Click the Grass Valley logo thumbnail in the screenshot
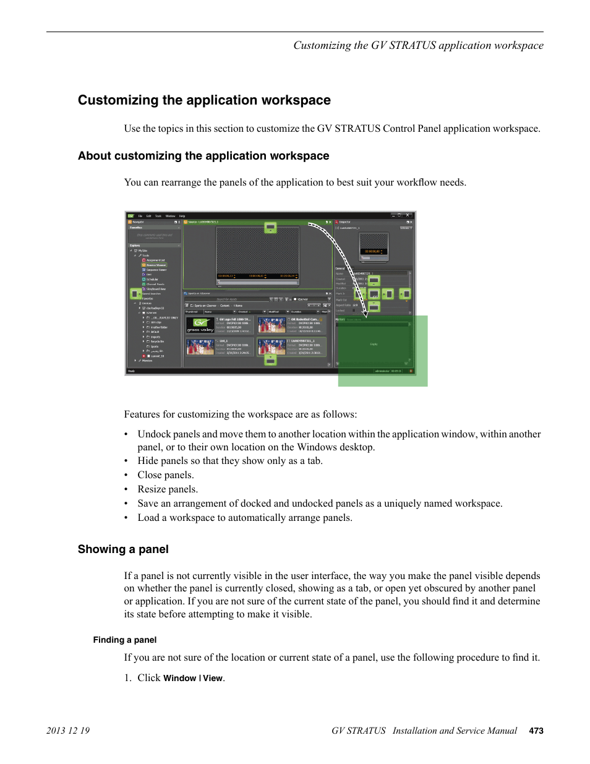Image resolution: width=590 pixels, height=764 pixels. pyautogui.click(x=200, y=325)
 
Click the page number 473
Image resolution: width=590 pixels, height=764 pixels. pyautogui.click(x=536, y=731)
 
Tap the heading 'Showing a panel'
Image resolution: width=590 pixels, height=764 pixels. pyautogui.click(x=123, y=549)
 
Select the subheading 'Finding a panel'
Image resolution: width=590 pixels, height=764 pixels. pyautogui.click(x=125, y=640)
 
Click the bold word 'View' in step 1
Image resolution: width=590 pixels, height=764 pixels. pyautogui.click(x=213, y=678)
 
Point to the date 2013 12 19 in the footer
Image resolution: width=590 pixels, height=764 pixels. pyautogui.click(x=68, y=731)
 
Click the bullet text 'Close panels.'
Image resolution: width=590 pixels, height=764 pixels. pyautogui.click(x=166, y=475)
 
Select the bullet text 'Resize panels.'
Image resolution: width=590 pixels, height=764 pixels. pyautogui.click(x=168, y=489)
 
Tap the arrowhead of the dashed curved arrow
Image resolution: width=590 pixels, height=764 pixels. pyautogui.click(x=365, y=315)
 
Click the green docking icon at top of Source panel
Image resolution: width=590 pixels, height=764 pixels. pyautogui.click(x=270, y=228)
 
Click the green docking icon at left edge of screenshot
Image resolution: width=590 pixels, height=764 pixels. pyautogui.click(x=135, y=294)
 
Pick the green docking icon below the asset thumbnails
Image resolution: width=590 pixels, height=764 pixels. pyautogui.click(x=270, y=359)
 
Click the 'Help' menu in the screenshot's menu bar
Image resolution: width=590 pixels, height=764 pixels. pyautogui.click(x=182, y=216)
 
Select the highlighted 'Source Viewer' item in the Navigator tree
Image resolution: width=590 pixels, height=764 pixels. pyautogui.click(x=156, y=265)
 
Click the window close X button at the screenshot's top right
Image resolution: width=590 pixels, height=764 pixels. pyautogui.click(x=408, y=215)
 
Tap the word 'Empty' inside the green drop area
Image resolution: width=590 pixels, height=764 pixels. pyautogui.click(x=374, y=344)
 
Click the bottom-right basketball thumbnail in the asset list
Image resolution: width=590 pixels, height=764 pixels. pyautogui.click(x=271, y=346)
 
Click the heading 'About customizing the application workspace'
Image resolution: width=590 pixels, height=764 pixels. pyautogui.click(x=203, y=156)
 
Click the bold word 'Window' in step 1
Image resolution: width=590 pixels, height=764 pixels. pyautogui.click(x=179, y=678)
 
